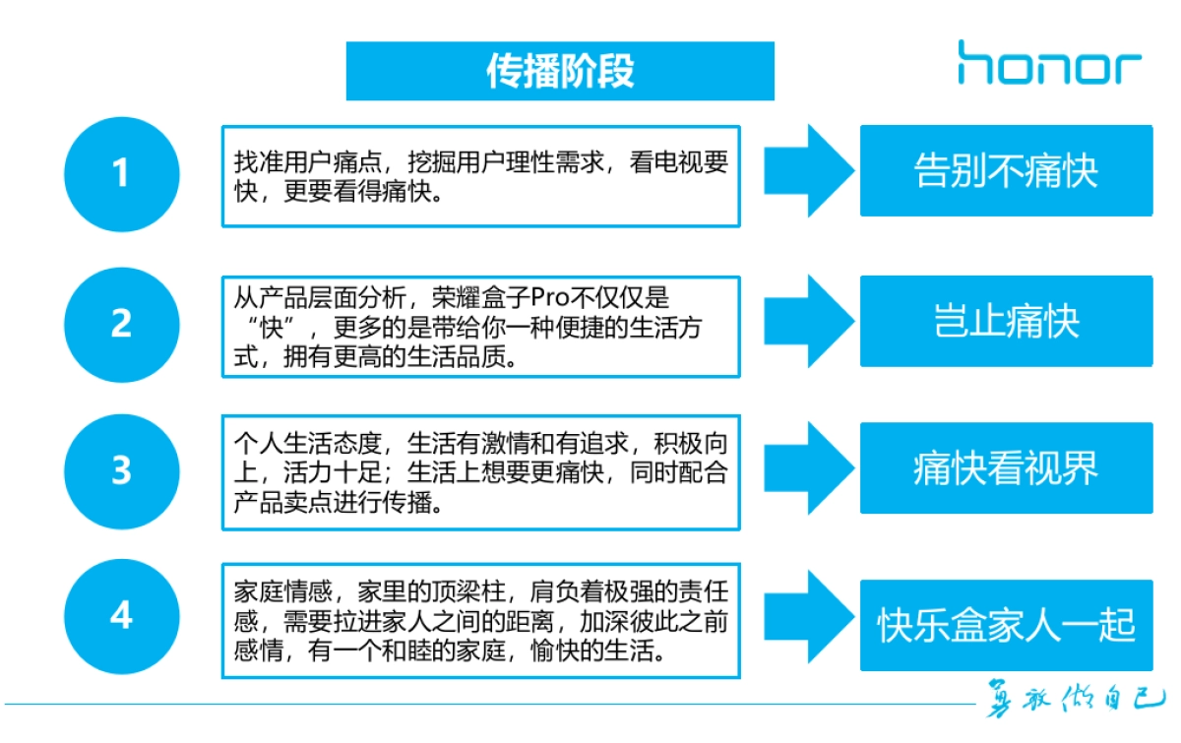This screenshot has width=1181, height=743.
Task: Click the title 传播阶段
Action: pyautogui.click(x=560, y=71)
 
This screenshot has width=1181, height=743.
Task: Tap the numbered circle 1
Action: pyautogui.click(x=121, y=174)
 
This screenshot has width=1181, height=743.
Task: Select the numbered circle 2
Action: pyautogui.click(x=121, y=324)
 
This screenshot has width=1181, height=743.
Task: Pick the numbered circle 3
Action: pyautogui.click(x=121, y=470)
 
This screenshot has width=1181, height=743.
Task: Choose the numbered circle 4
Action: pyautogui.click(x=121, y=616)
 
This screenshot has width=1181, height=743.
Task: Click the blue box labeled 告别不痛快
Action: pyautogui.click(x=1006, y=170)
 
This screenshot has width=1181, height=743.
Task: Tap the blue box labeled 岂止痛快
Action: pyautogui.click(x=1006, y=321)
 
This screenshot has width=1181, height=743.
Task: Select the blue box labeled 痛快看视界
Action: pyautogui.click(x=1006, y=468)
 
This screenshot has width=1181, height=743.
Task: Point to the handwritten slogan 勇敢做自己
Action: pyautogui.click(x=1075, y=704)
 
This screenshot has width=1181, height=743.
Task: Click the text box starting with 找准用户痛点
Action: pyautogui.click(x=480, y=176)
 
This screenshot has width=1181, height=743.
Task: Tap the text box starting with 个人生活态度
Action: pyautogui.click(x=480, y=473)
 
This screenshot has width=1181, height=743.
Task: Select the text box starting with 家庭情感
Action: pyautogui.click(x=480, y=621)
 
